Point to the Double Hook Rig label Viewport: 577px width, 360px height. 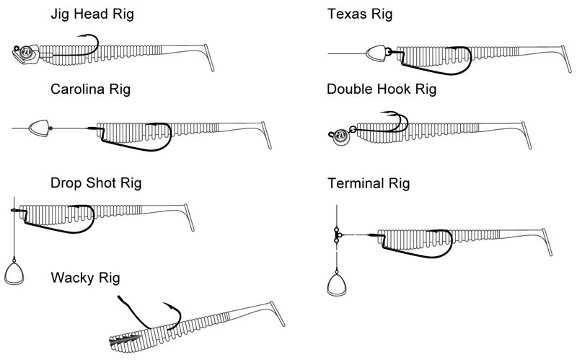pos(382,89)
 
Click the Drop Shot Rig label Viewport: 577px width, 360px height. pos(96,182)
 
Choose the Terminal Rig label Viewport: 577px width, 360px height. pos(368,183)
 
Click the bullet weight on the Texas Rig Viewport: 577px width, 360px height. pos(376,54)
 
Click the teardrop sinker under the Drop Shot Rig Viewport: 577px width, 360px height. pos(14,274)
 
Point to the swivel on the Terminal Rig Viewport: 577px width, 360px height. pos(337,234)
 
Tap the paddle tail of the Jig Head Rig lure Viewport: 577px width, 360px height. pos(210,58)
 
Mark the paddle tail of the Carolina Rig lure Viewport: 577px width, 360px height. pos(268,136)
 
